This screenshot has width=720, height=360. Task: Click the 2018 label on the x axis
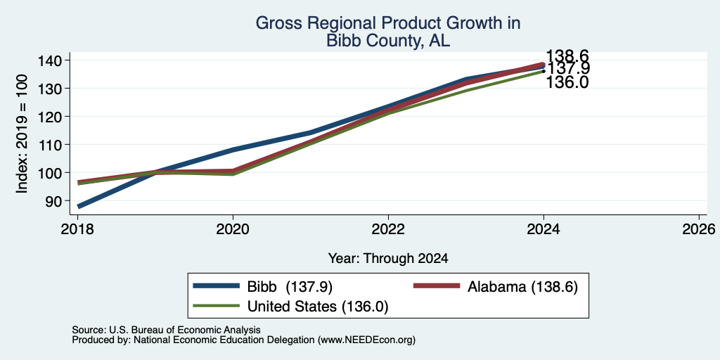(77, 229)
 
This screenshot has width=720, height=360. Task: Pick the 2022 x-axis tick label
(388, 229)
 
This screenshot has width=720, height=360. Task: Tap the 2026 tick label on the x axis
(699, 229)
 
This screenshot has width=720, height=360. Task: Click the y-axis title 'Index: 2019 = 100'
(22, 134)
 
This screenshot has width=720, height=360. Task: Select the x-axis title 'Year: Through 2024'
(388, 259)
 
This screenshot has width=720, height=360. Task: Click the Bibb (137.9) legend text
(290, 287)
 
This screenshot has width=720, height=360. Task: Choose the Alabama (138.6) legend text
(522, 287)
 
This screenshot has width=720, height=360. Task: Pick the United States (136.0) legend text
(318, 307)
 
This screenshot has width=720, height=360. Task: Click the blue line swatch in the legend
(217, 285)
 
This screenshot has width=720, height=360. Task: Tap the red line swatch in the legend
(437, 285)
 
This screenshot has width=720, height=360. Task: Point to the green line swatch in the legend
(217, 305)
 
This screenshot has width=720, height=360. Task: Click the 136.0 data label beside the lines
(567, 82)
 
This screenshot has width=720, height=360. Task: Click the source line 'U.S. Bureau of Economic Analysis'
(185, 330)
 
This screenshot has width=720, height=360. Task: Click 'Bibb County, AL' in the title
(388, 41)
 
